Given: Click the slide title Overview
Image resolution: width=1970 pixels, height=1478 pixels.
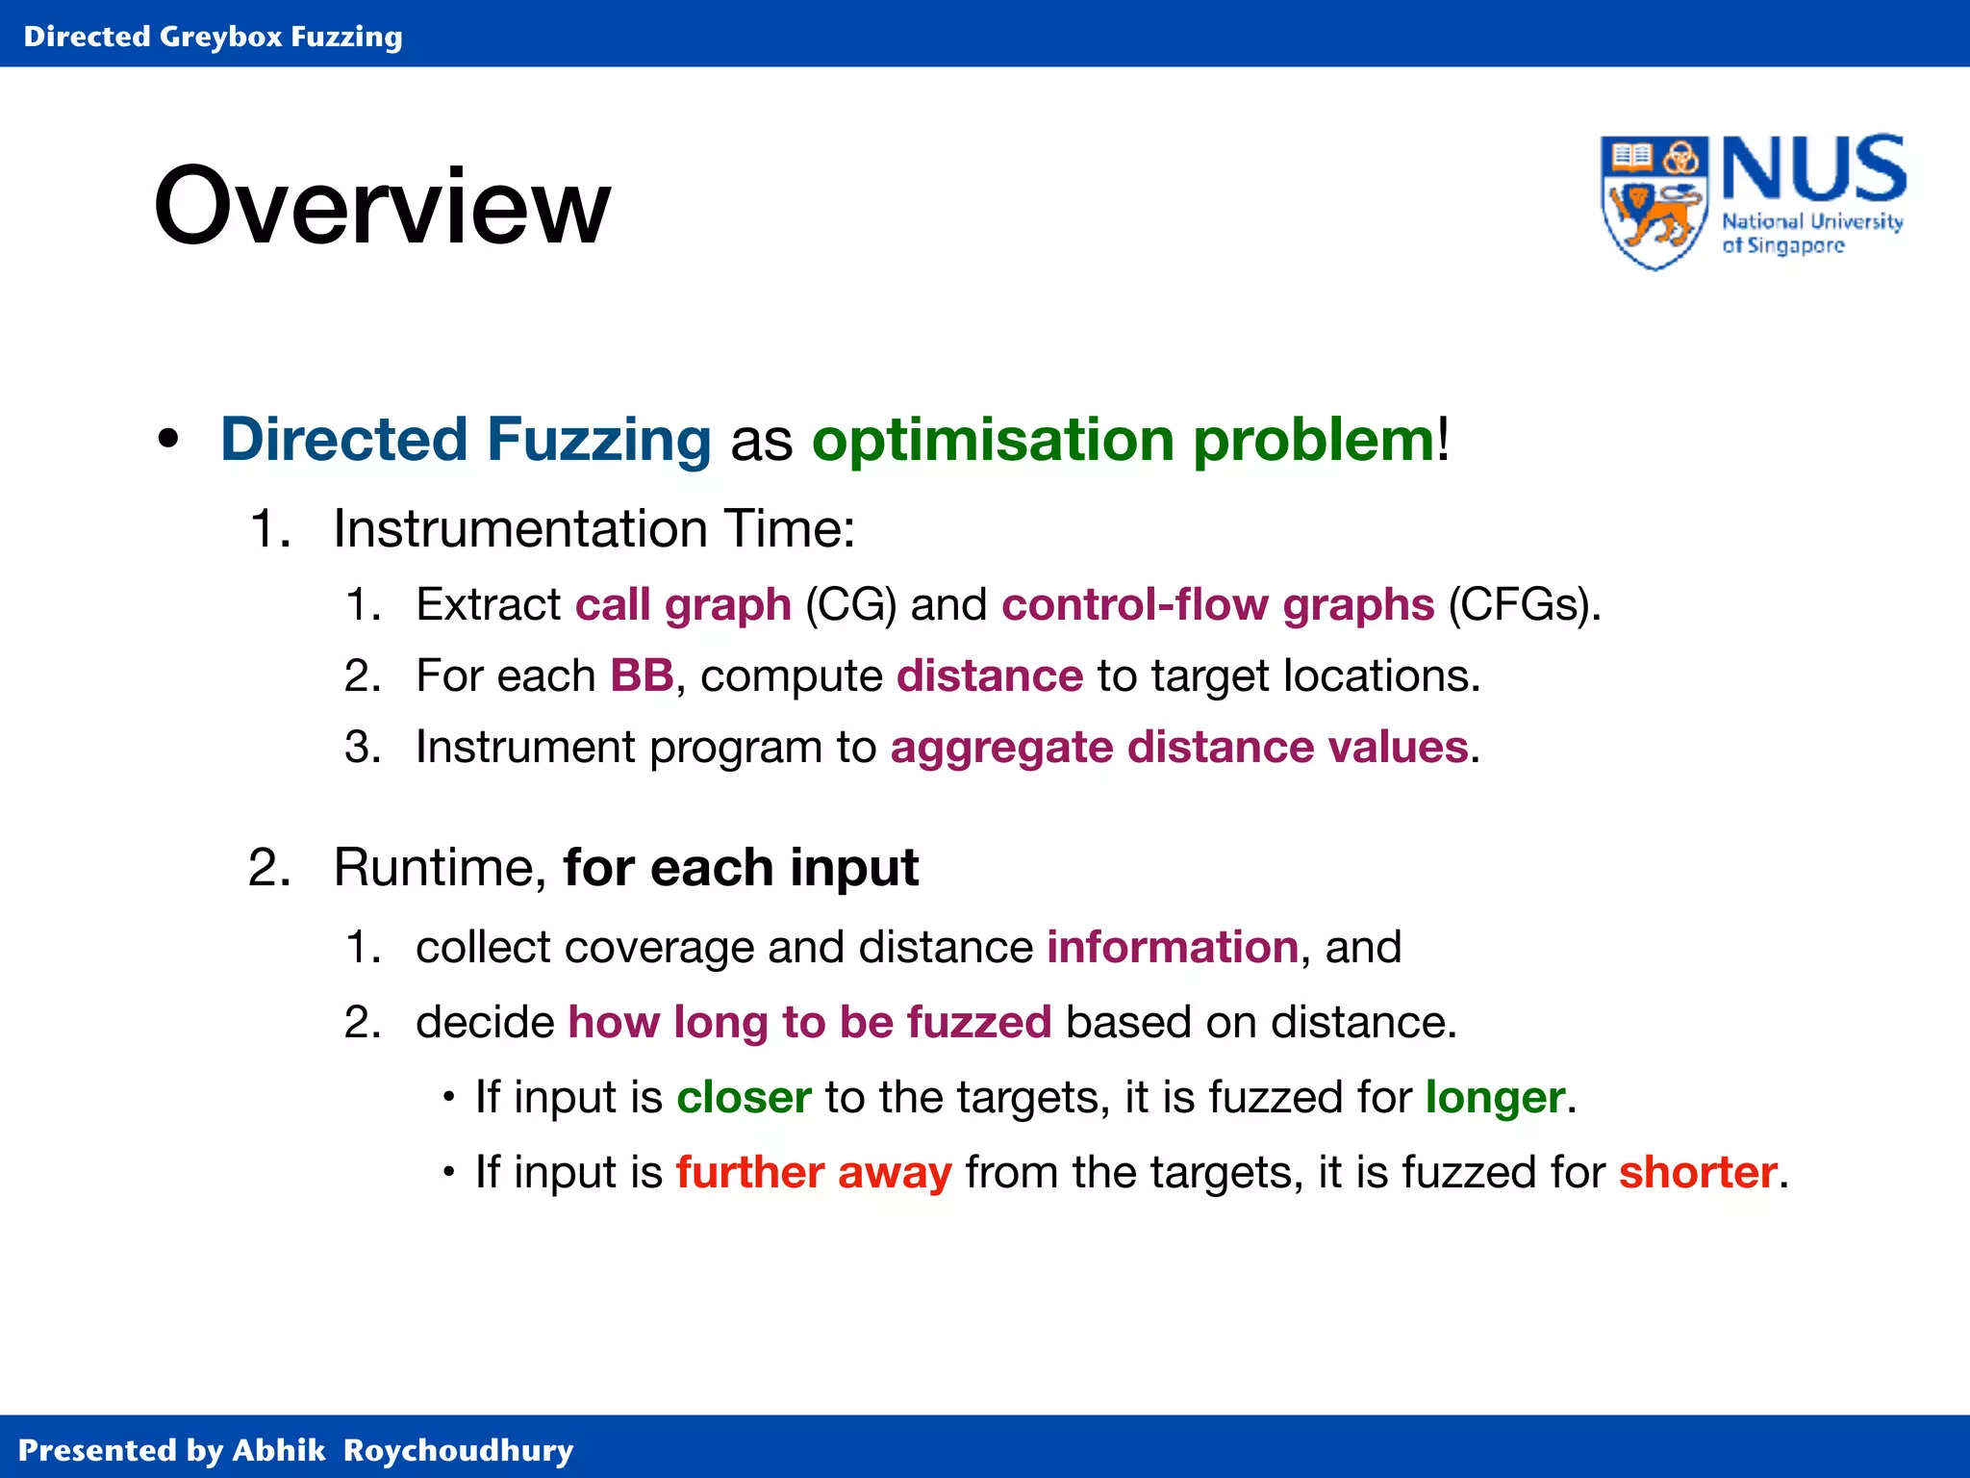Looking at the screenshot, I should (x=382, y=206).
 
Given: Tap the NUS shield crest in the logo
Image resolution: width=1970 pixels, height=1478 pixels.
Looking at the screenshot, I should (x=1654, y=202).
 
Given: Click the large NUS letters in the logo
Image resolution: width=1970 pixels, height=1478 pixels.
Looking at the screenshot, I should (x=1813, y=168).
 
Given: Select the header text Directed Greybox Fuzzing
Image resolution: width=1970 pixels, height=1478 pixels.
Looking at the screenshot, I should (x=213, y=37).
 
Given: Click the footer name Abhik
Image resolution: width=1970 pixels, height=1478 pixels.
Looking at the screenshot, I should (x=279, y=1449).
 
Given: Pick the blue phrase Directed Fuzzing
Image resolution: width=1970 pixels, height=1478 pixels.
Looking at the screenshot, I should (x=466, y=440).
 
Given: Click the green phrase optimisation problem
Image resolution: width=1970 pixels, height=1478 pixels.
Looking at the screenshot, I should (x=1124, y=440).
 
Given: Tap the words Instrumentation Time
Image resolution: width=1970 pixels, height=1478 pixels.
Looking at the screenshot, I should (x=594, y=528).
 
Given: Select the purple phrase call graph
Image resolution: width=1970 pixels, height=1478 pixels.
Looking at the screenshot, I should (x=683, y=604).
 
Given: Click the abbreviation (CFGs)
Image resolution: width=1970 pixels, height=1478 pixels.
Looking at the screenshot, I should (x=1524, y=604).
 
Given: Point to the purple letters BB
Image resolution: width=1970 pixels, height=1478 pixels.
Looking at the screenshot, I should (x=642, y=675).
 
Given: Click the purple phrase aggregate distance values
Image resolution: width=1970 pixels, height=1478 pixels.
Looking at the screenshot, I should (x=1179, y=747).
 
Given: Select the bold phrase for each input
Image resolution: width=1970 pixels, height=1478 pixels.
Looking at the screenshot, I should (x=741, y=867).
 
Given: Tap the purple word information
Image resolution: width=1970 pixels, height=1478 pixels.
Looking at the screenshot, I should (x=1173, y=947).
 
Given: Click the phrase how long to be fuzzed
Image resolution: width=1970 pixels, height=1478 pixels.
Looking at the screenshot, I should (x=810, y=1022).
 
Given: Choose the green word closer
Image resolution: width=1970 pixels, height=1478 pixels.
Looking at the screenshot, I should (x=744, y=1097).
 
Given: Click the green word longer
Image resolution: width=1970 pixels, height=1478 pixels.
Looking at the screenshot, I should (x=1495, y=1097).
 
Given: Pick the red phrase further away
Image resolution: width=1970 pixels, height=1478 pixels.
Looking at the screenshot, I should (x=814, y=1172).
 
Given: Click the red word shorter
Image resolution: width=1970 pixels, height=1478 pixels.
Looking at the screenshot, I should (x=1698, y=1172).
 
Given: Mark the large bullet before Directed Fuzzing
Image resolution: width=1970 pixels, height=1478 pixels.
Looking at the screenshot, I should (x=168, y=440).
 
